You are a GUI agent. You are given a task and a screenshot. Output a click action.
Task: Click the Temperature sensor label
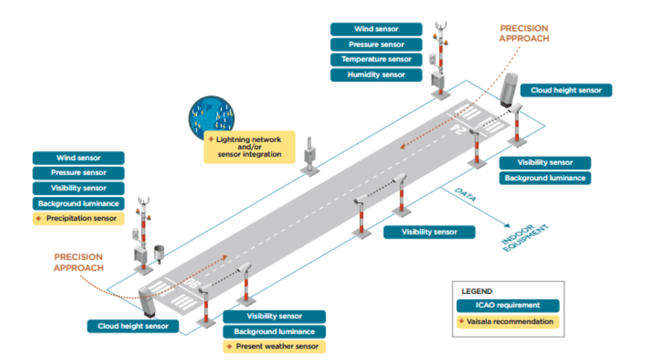[376, 60]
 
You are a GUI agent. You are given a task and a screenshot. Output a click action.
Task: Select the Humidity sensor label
[376, 75]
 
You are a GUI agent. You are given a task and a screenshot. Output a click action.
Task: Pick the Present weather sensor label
[273, 347]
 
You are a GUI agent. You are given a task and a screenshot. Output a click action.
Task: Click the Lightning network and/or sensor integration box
[249, 147]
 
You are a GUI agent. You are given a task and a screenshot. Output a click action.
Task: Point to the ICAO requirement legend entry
[507, 305]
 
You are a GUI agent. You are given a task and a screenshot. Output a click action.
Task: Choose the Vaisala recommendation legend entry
[507, 322]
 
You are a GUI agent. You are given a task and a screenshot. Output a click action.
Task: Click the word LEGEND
[477, 291]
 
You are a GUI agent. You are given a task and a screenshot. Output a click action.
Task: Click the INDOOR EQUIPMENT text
[524, 238]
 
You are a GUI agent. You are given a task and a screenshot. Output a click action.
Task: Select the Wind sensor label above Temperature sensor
[376, 29]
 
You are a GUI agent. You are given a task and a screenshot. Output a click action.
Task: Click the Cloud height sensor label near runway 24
[566, 90]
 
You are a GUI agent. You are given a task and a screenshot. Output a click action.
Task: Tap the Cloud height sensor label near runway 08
[133, 326]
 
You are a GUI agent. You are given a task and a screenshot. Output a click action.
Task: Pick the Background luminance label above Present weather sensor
[274, 331]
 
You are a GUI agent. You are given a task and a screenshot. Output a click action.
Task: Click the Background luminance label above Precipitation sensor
[78, 203]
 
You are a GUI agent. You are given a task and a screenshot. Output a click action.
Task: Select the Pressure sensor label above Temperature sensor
[376, 44]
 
